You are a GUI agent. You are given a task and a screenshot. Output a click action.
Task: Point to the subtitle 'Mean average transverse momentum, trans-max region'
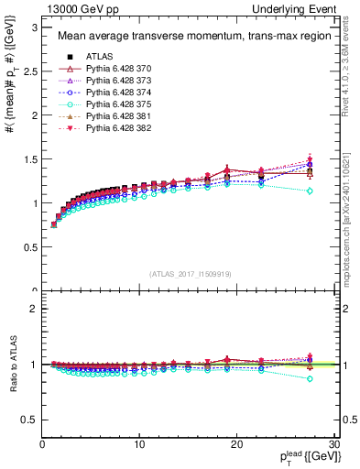tap(190, 37)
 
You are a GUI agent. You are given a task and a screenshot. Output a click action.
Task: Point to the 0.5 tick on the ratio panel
tap(28, 420)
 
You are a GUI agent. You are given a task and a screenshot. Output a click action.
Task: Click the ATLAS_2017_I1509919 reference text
tap(190, 273)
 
